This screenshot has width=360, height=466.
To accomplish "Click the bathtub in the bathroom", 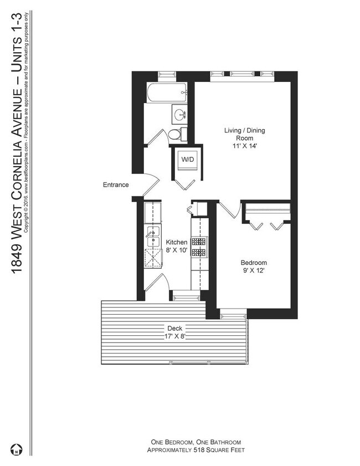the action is point(167,93).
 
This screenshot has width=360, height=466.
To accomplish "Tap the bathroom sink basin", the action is point(180,114).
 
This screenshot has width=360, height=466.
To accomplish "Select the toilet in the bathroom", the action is point(177,134).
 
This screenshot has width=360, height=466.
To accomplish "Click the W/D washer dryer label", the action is point(187,160).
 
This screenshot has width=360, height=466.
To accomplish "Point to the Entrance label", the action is point(116,185).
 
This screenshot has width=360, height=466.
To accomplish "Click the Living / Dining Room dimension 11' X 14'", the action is point(244,146).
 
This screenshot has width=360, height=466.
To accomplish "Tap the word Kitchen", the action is point(177,242).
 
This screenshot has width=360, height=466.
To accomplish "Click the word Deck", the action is point(174,329).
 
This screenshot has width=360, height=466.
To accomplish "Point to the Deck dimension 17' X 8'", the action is point(174,336).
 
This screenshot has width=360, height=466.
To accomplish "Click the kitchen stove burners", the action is point(198,247).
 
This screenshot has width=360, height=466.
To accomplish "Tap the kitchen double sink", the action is point(153,236).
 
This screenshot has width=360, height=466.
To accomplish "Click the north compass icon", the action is point(16,449).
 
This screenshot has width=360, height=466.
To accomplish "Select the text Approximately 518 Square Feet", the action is point(196,450).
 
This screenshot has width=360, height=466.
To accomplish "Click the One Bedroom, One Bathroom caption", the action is point(196,442).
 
